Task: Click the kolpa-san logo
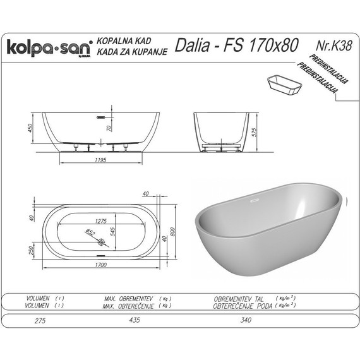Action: pyautogui.click(x=49, y=48)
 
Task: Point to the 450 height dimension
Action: pyautogui.click(x=29, y=129)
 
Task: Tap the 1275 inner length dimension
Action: pyautogui.click(x=97, y=221)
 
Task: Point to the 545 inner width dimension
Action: pyautogui.click(x=114, y=231)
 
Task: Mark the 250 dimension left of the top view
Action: pyautogui.click(x=29, y=251)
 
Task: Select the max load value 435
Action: pyautogui.click(x=133, y=321)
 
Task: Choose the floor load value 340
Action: pyautogui.click(x=247, y=321)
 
